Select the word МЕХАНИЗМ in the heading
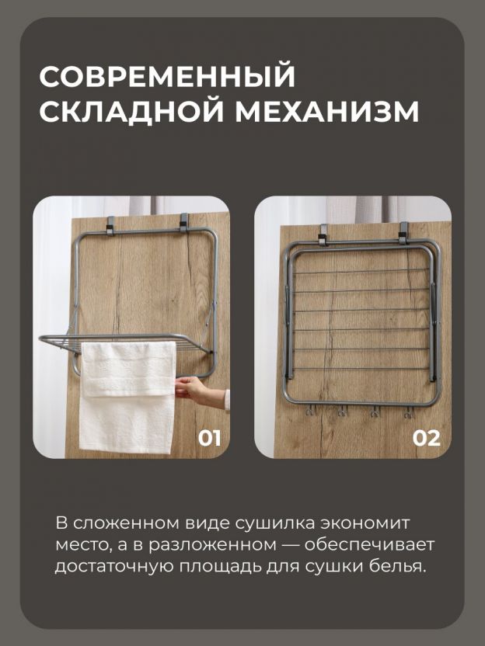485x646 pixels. coord(327,110)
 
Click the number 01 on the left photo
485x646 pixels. coord(210,438)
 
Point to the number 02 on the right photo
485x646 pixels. coord(427,438)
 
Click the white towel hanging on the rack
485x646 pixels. coord(127,396)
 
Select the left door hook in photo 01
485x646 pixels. coord(110,225)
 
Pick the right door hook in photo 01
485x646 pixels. coord(184,223)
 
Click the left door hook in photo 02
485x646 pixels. coord(324,234)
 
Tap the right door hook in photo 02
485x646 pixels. coord(403,232)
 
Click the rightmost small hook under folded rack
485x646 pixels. coord(408,412)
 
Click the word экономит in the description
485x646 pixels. coord(366,523)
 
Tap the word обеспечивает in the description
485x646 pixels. coord(369,544)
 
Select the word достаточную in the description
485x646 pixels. coord(114,567)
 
